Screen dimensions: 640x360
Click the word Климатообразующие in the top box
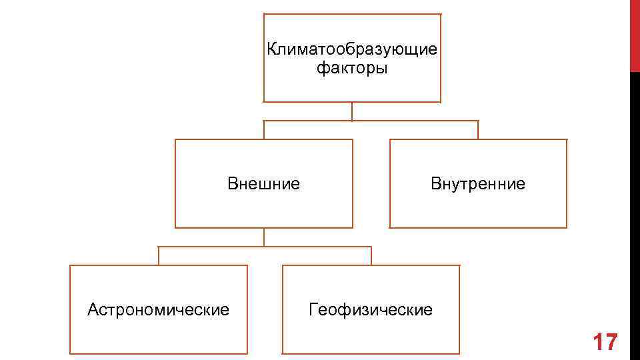352,50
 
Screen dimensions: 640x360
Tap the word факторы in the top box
352,68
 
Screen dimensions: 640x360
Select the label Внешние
263,183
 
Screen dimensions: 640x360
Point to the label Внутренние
478,183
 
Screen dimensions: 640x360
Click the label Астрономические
159,309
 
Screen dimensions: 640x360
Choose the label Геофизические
371,309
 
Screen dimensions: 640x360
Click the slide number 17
605,342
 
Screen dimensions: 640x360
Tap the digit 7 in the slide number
611,342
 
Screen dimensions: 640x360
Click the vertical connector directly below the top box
352,111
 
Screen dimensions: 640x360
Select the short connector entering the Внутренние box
478,130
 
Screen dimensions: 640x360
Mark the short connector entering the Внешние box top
264,130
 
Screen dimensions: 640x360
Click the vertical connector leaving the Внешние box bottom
264,237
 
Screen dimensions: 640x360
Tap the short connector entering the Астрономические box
159,256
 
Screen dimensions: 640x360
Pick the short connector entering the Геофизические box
371,256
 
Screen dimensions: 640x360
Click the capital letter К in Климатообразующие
271,50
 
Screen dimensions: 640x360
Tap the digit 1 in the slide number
597,342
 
